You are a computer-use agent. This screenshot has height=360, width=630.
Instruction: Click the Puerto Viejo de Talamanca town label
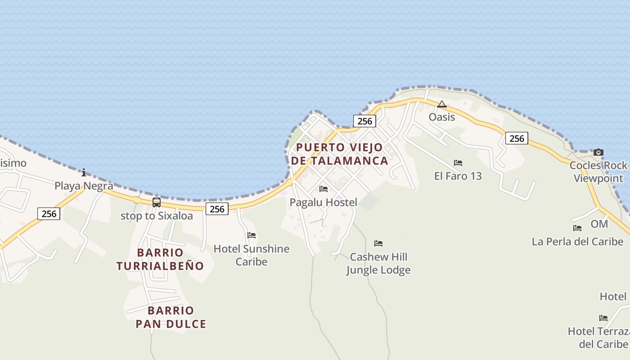point(339,154)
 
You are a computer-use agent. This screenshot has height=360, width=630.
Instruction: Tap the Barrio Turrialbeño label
point(160,259)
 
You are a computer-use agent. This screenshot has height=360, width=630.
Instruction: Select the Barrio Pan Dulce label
point(171,317)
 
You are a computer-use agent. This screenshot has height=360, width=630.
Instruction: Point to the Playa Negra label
point(84,186)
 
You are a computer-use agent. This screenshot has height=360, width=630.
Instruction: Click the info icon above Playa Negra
point(84,172)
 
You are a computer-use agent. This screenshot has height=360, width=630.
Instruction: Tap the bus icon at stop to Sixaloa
point(157,202)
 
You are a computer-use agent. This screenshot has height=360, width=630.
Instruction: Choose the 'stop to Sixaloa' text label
point(157,216)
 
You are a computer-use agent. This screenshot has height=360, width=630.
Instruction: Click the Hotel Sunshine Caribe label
point(251,255)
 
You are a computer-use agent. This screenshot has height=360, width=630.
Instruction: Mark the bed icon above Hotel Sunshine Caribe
point(252,235)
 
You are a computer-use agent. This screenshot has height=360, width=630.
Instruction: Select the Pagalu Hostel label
point(323,202)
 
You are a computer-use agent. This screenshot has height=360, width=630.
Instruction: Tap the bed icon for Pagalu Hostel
point(323,189)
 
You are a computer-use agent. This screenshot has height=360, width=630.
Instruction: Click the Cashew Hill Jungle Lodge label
point(378,263)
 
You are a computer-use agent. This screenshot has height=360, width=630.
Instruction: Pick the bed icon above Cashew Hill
point(378,243)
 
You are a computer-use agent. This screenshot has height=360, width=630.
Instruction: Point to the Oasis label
point(441,117)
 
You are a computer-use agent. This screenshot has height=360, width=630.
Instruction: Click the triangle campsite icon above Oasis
point(442,104)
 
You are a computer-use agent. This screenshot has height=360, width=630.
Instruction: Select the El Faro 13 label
point(458,176)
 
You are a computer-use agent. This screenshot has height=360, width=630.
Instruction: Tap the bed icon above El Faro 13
point(458,163)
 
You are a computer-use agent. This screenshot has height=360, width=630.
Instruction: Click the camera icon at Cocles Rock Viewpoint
point(598,153)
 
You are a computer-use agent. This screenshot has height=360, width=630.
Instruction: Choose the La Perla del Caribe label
point(577,242)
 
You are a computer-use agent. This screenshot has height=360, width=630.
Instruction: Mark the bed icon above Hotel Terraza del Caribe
point(603,318)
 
